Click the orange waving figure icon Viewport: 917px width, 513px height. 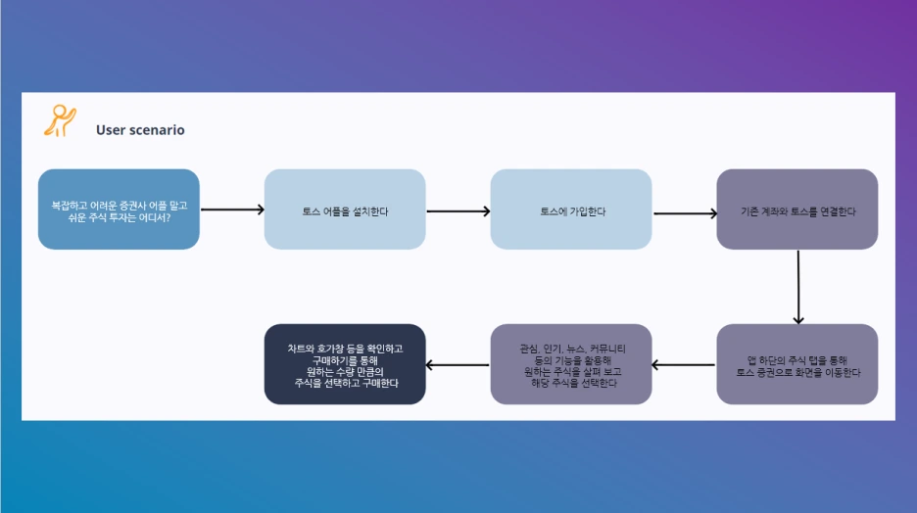click(60, 120)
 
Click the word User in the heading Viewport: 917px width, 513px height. click(110, 129)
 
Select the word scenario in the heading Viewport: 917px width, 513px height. click(156, 129)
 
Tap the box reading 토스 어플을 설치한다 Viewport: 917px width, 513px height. click(345, 210)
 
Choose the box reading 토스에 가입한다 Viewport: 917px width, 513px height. click(571, 210)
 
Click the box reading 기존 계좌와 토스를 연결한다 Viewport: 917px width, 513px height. click(797, 210)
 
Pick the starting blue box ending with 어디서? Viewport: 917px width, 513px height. click(119, 210)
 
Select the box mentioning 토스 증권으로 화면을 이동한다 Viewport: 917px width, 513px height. click(797, 364)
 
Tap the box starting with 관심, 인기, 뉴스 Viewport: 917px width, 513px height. click(571, 364)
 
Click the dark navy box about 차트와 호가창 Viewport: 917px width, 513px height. click(345, 364)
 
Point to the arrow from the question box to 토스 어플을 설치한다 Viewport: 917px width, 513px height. click(232, 210)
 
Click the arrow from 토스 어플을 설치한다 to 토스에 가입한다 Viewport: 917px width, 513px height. click(458, 210)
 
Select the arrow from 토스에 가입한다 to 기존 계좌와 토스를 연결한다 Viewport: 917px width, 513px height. click(685, 213)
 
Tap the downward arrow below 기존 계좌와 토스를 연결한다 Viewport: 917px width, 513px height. click(798, 287)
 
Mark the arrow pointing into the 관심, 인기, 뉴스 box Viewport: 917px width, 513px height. click(683, 364)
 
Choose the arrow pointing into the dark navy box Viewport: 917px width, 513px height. click(458, 365)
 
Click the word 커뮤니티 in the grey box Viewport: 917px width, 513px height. click(607, 349)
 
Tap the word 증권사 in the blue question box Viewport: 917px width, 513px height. click(133, 206)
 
